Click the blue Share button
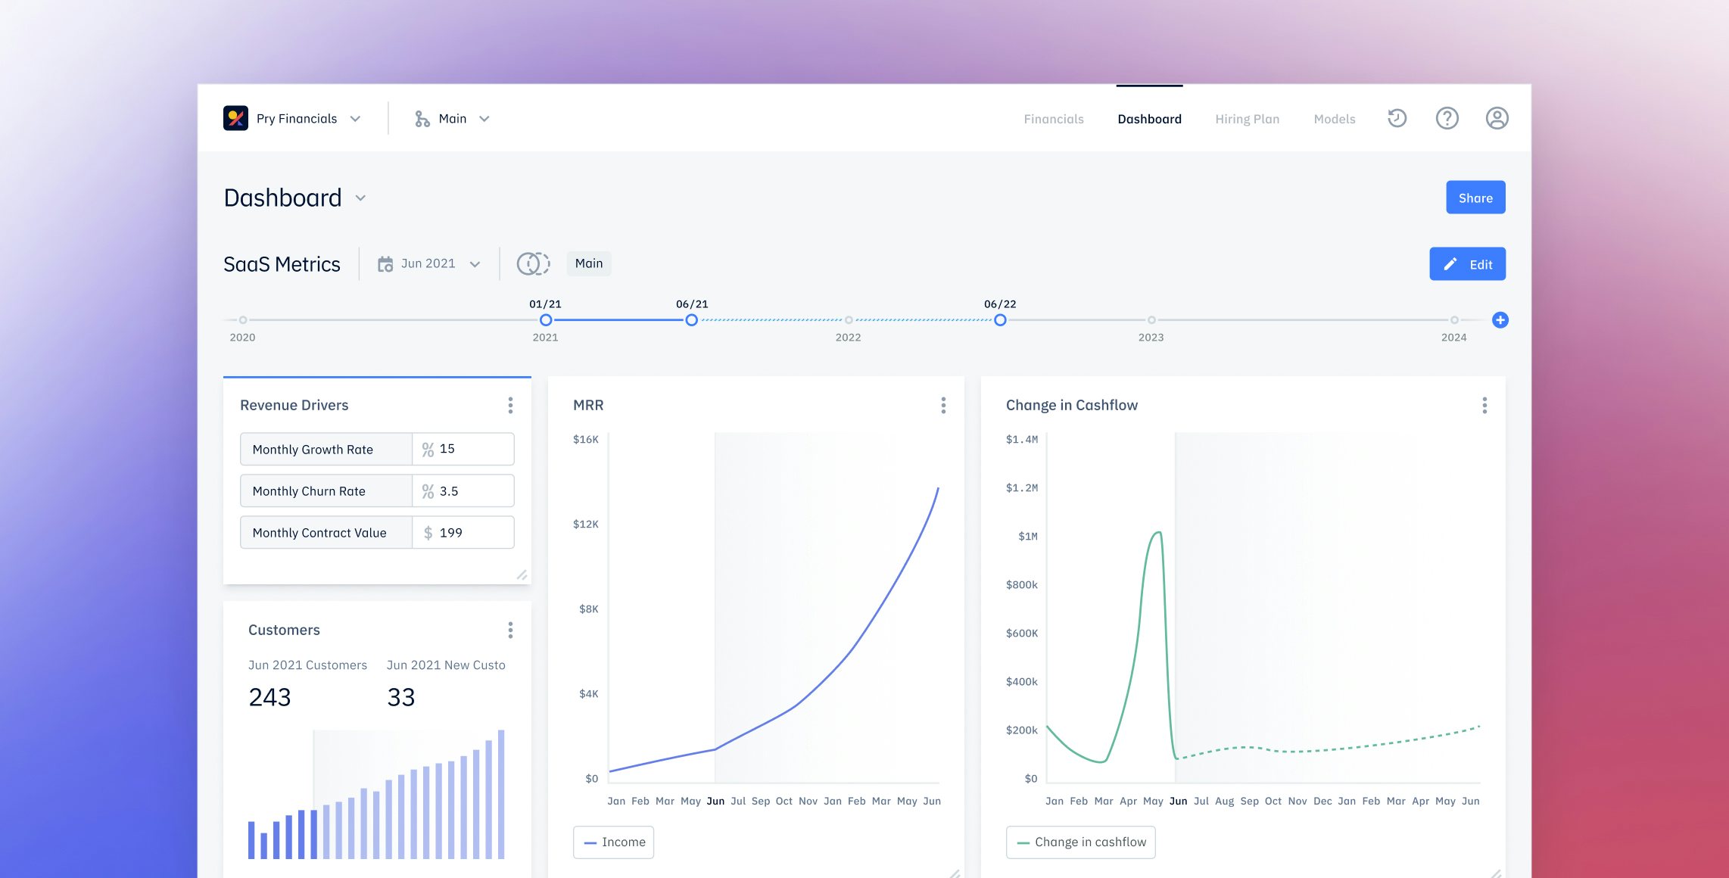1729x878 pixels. pos(1475,198)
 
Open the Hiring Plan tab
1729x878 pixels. pos(1247,119)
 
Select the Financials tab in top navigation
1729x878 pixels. pos(1053,119)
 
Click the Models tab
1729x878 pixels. pos(1334,119)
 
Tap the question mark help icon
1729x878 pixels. pos(1447,118)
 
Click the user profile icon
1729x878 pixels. pos(1496,118)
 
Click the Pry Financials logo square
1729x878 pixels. pos(235,118)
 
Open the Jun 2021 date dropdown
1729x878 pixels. pos(429,263)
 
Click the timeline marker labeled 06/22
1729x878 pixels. pos(1000,320)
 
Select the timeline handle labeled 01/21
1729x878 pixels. pos(546,320)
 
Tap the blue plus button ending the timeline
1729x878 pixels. pos(1500,320)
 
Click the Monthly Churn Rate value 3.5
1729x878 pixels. pos(463,491)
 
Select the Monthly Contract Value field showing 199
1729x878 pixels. pos(463,533)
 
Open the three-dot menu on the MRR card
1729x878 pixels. pos(942,406)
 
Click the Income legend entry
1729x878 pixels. pos(613,842)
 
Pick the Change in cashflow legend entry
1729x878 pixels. pos(1080,842)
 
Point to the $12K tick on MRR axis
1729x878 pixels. pos(585,524)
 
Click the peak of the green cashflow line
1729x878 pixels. pos(1157,533)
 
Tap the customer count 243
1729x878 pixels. pos(269,697)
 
